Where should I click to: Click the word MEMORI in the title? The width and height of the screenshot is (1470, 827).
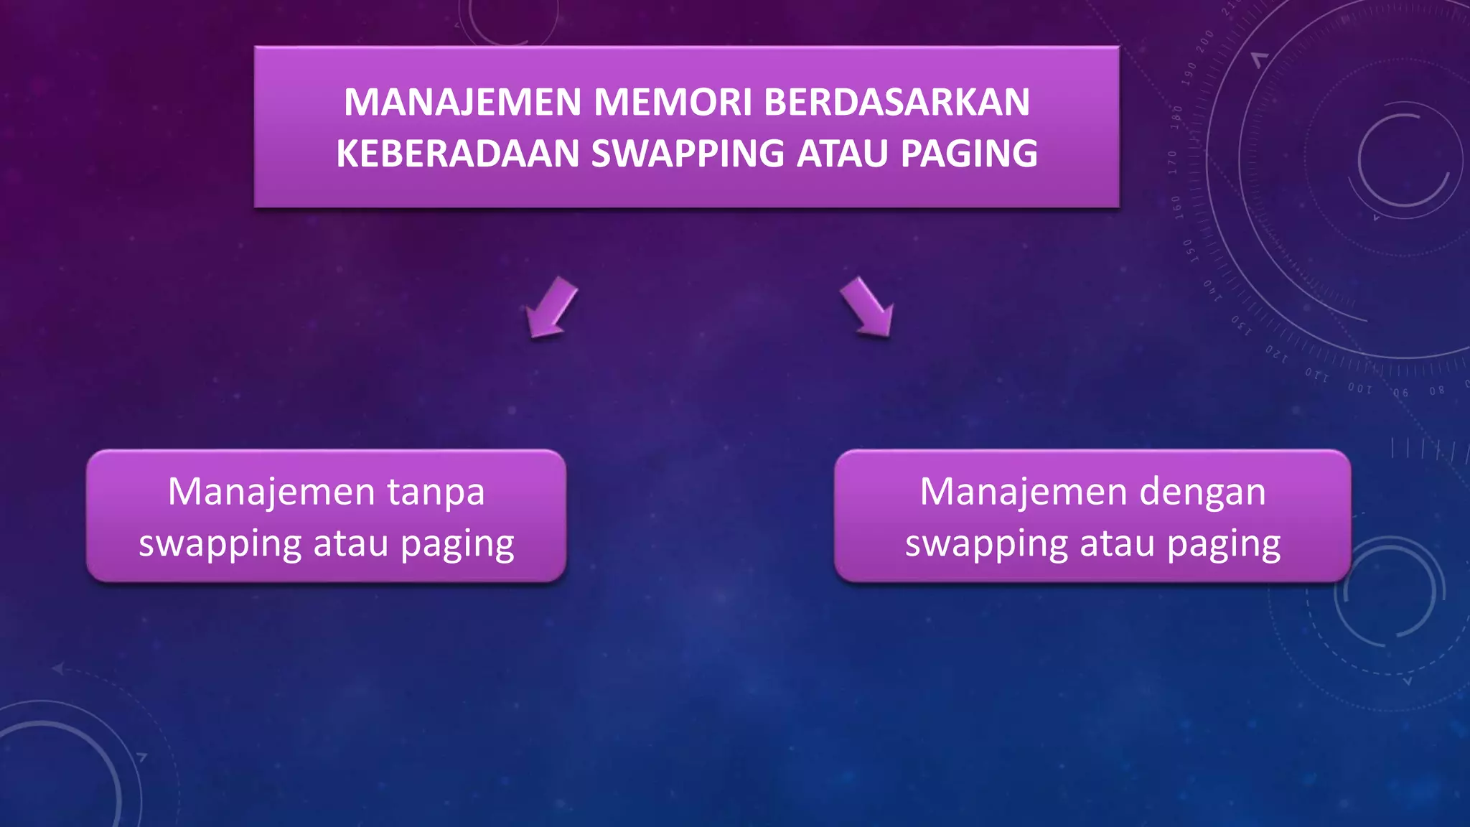click(x=672, y=102)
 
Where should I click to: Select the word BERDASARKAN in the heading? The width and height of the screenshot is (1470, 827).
click(x=896, y=102)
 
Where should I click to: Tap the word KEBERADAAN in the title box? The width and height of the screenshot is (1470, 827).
click(x=457, y=154)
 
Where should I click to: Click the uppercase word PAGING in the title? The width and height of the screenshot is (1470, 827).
click(x=969, y=154)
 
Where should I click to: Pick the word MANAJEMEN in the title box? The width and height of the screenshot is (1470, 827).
click(x=462, y=102)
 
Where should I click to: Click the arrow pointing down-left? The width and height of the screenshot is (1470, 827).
click(x=551, y=307)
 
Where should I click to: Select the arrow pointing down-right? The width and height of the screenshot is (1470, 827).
click(x=868, y=307)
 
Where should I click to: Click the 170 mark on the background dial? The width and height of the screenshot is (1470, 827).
click(x=1173, y=162)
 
